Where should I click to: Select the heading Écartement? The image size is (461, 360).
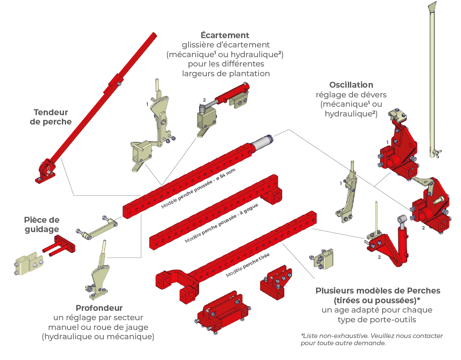[225, 35]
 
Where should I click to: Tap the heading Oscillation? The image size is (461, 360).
[351, 85]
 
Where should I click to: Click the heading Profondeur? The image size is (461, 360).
[99, 308]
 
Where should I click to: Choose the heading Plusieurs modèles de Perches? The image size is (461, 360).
[378, 291]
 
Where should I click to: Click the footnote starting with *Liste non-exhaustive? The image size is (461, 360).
[372, 339]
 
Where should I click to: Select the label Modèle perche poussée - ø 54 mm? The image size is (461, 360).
[198, 188]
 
